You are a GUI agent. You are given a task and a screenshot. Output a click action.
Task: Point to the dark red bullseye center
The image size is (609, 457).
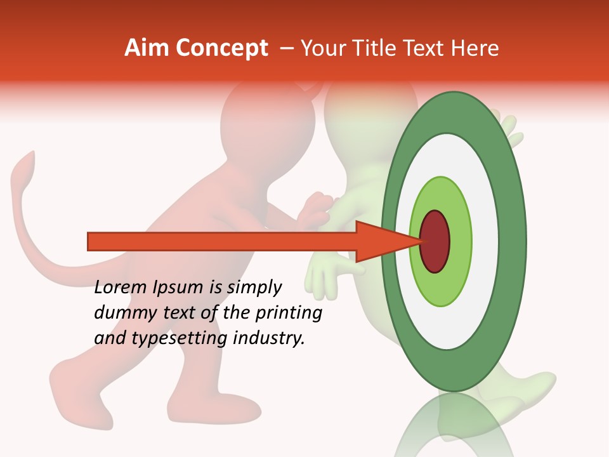tap(435, 241)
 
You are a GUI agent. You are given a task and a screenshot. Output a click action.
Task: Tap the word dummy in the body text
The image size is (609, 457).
tap(122, 313)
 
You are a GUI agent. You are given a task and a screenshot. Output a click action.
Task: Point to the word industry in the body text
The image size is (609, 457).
tap(269, 338)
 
